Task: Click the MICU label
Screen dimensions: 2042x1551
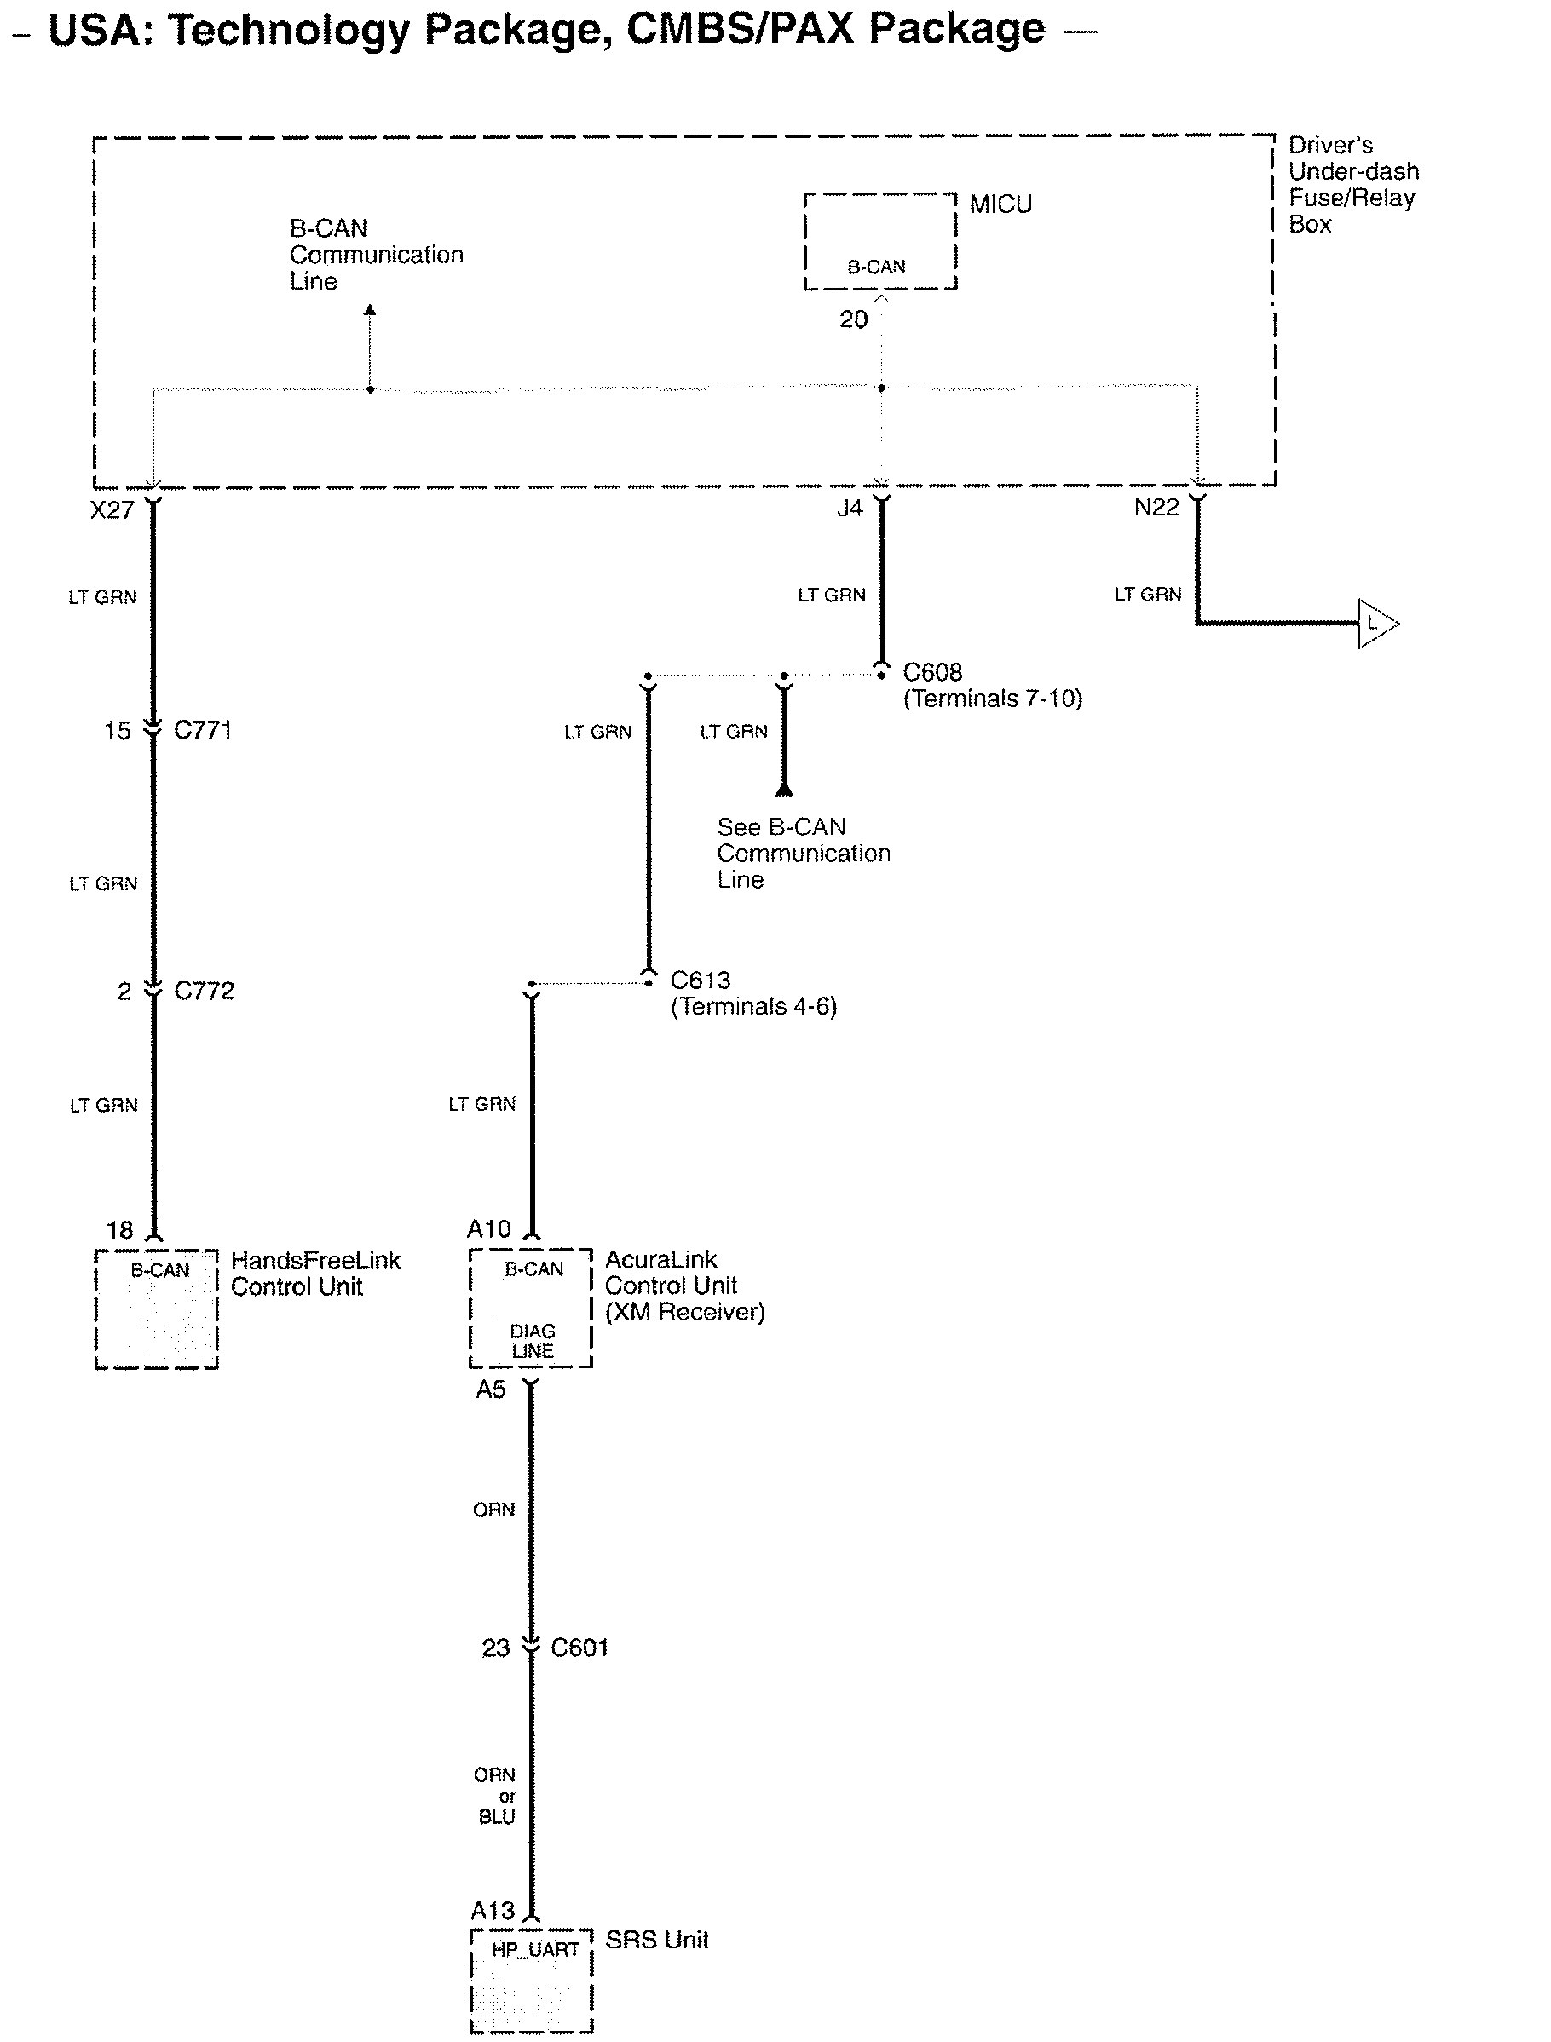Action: [1000, 204]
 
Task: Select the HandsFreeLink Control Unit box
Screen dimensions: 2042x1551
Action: [156, 1309]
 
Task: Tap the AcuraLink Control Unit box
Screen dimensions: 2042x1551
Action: [530, 1307]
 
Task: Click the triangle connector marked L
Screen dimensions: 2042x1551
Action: [1376, 624]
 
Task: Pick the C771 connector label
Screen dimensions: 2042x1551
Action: [202, 730]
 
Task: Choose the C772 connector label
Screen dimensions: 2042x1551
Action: [204, 991]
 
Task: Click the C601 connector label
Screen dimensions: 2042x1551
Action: [579, 1648]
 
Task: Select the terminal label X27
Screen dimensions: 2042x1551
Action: [112, 509]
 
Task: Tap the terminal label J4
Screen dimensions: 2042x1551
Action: [850, 508]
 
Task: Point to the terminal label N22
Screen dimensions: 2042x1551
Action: [1156, 507]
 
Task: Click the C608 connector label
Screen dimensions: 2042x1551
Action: [932, 672]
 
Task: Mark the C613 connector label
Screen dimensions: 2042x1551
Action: [700, 980]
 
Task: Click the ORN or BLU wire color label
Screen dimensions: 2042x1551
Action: [496, 1796]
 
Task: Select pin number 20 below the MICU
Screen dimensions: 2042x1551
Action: [853, 319]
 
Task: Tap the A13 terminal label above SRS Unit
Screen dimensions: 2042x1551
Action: [492, 1911]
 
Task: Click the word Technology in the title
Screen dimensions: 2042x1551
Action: [288, 30]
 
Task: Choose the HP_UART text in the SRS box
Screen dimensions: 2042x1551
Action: [534, 1950]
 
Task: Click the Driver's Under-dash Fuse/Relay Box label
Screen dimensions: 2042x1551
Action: [1352, 185]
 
